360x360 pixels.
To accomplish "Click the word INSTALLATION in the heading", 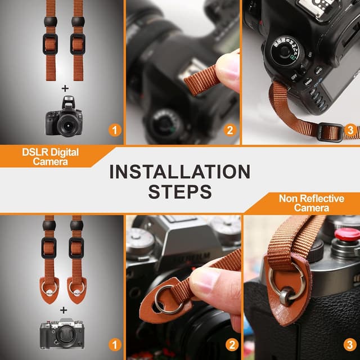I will coord(179,172).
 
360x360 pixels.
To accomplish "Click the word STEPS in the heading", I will coord(180,191).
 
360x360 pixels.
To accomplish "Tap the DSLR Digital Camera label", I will coord(50,157).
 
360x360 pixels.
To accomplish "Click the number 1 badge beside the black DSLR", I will coord(115,131).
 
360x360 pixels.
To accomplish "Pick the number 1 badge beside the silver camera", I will coord(115,344).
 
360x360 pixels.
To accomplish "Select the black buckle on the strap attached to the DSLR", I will coord(329,132).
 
